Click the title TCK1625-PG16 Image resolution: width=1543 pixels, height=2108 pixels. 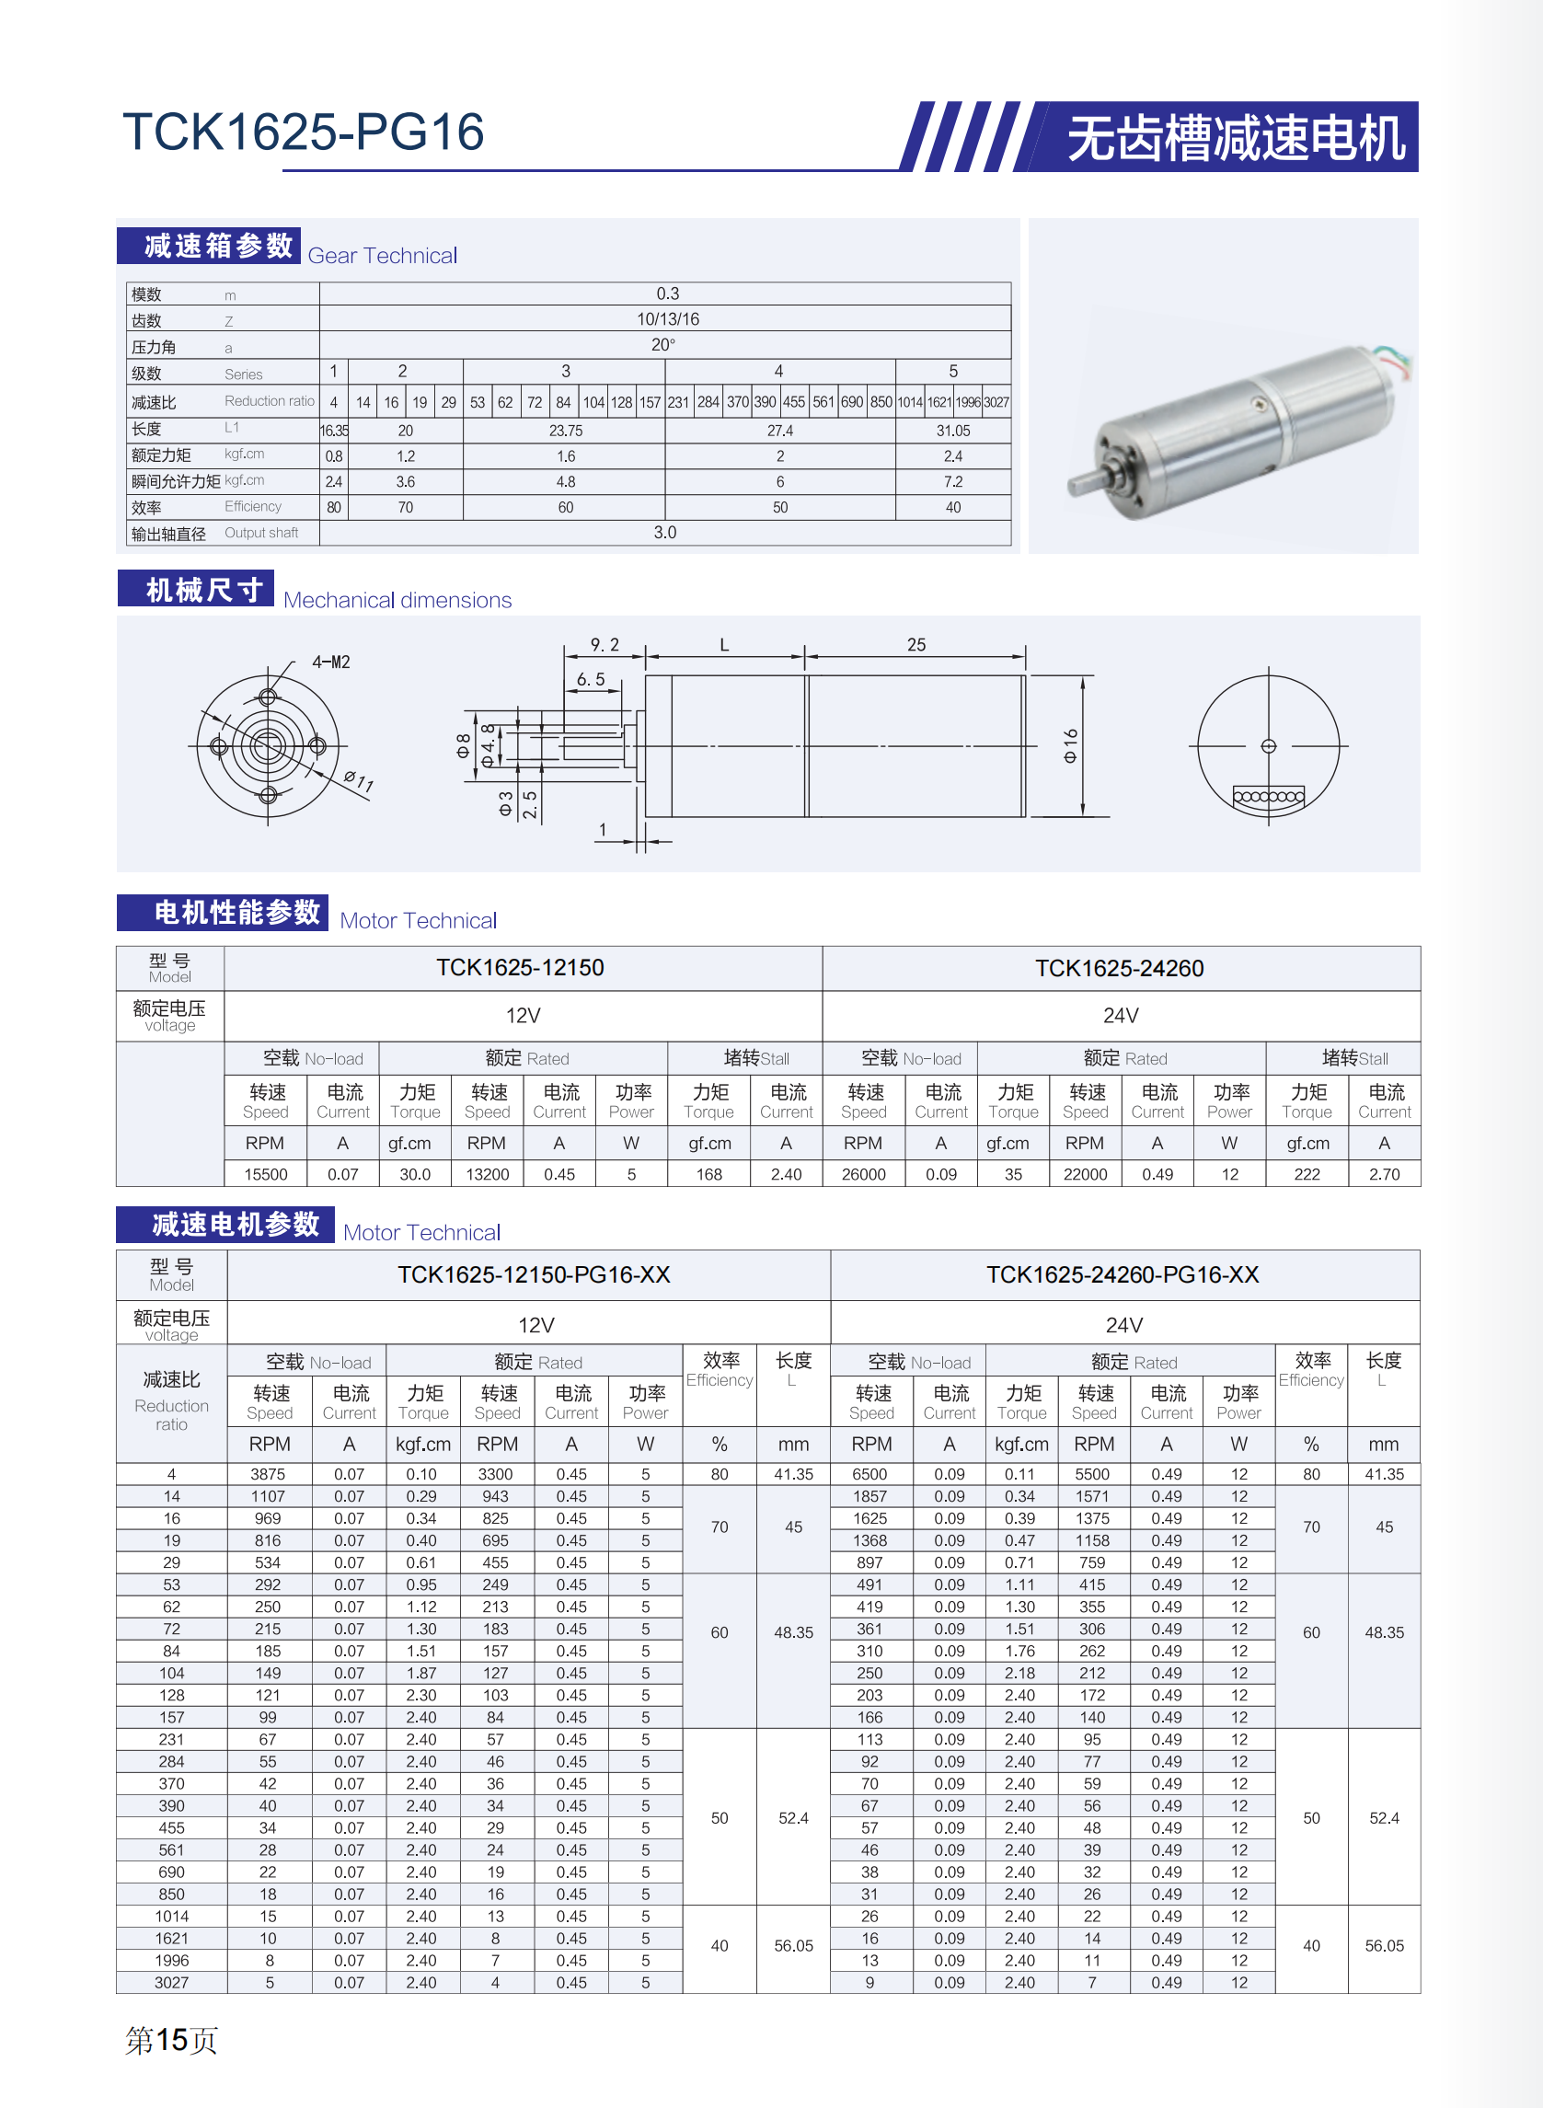tap(304, 132)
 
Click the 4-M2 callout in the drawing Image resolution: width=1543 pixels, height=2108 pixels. tap(330, 662)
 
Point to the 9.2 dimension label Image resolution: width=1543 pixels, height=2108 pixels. tap(605, 644)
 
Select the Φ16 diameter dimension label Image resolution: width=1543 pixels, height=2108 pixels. tap(1070, 745)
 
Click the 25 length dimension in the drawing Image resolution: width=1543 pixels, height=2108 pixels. tap(916, 644)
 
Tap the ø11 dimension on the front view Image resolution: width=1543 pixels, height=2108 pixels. tap(359, 781)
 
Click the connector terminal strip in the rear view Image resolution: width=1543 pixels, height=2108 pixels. tap(1269, 797)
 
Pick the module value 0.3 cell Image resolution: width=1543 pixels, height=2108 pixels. tap(667, 294)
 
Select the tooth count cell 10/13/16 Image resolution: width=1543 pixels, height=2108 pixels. tap(667, 319)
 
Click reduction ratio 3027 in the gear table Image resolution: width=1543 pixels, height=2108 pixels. tap(996, 402)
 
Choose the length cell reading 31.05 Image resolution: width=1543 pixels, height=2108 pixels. tap(952, 431)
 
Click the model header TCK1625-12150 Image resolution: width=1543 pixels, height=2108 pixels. tap(520, 968)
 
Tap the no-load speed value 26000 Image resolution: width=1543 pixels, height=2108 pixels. tap(863, 1174)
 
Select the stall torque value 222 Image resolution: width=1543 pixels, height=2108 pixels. tap(1307, 1174)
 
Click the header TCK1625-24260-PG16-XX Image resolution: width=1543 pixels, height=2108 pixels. tap(1123, 1275)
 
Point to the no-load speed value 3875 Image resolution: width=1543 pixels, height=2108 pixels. tap(268, 1474)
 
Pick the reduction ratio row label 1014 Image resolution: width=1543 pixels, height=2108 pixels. tap(171, 1917)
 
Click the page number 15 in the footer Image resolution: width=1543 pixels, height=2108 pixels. tap(172, 2040)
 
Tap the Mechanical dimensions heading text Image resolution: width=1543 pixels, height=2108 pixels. tap(397, 600)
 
